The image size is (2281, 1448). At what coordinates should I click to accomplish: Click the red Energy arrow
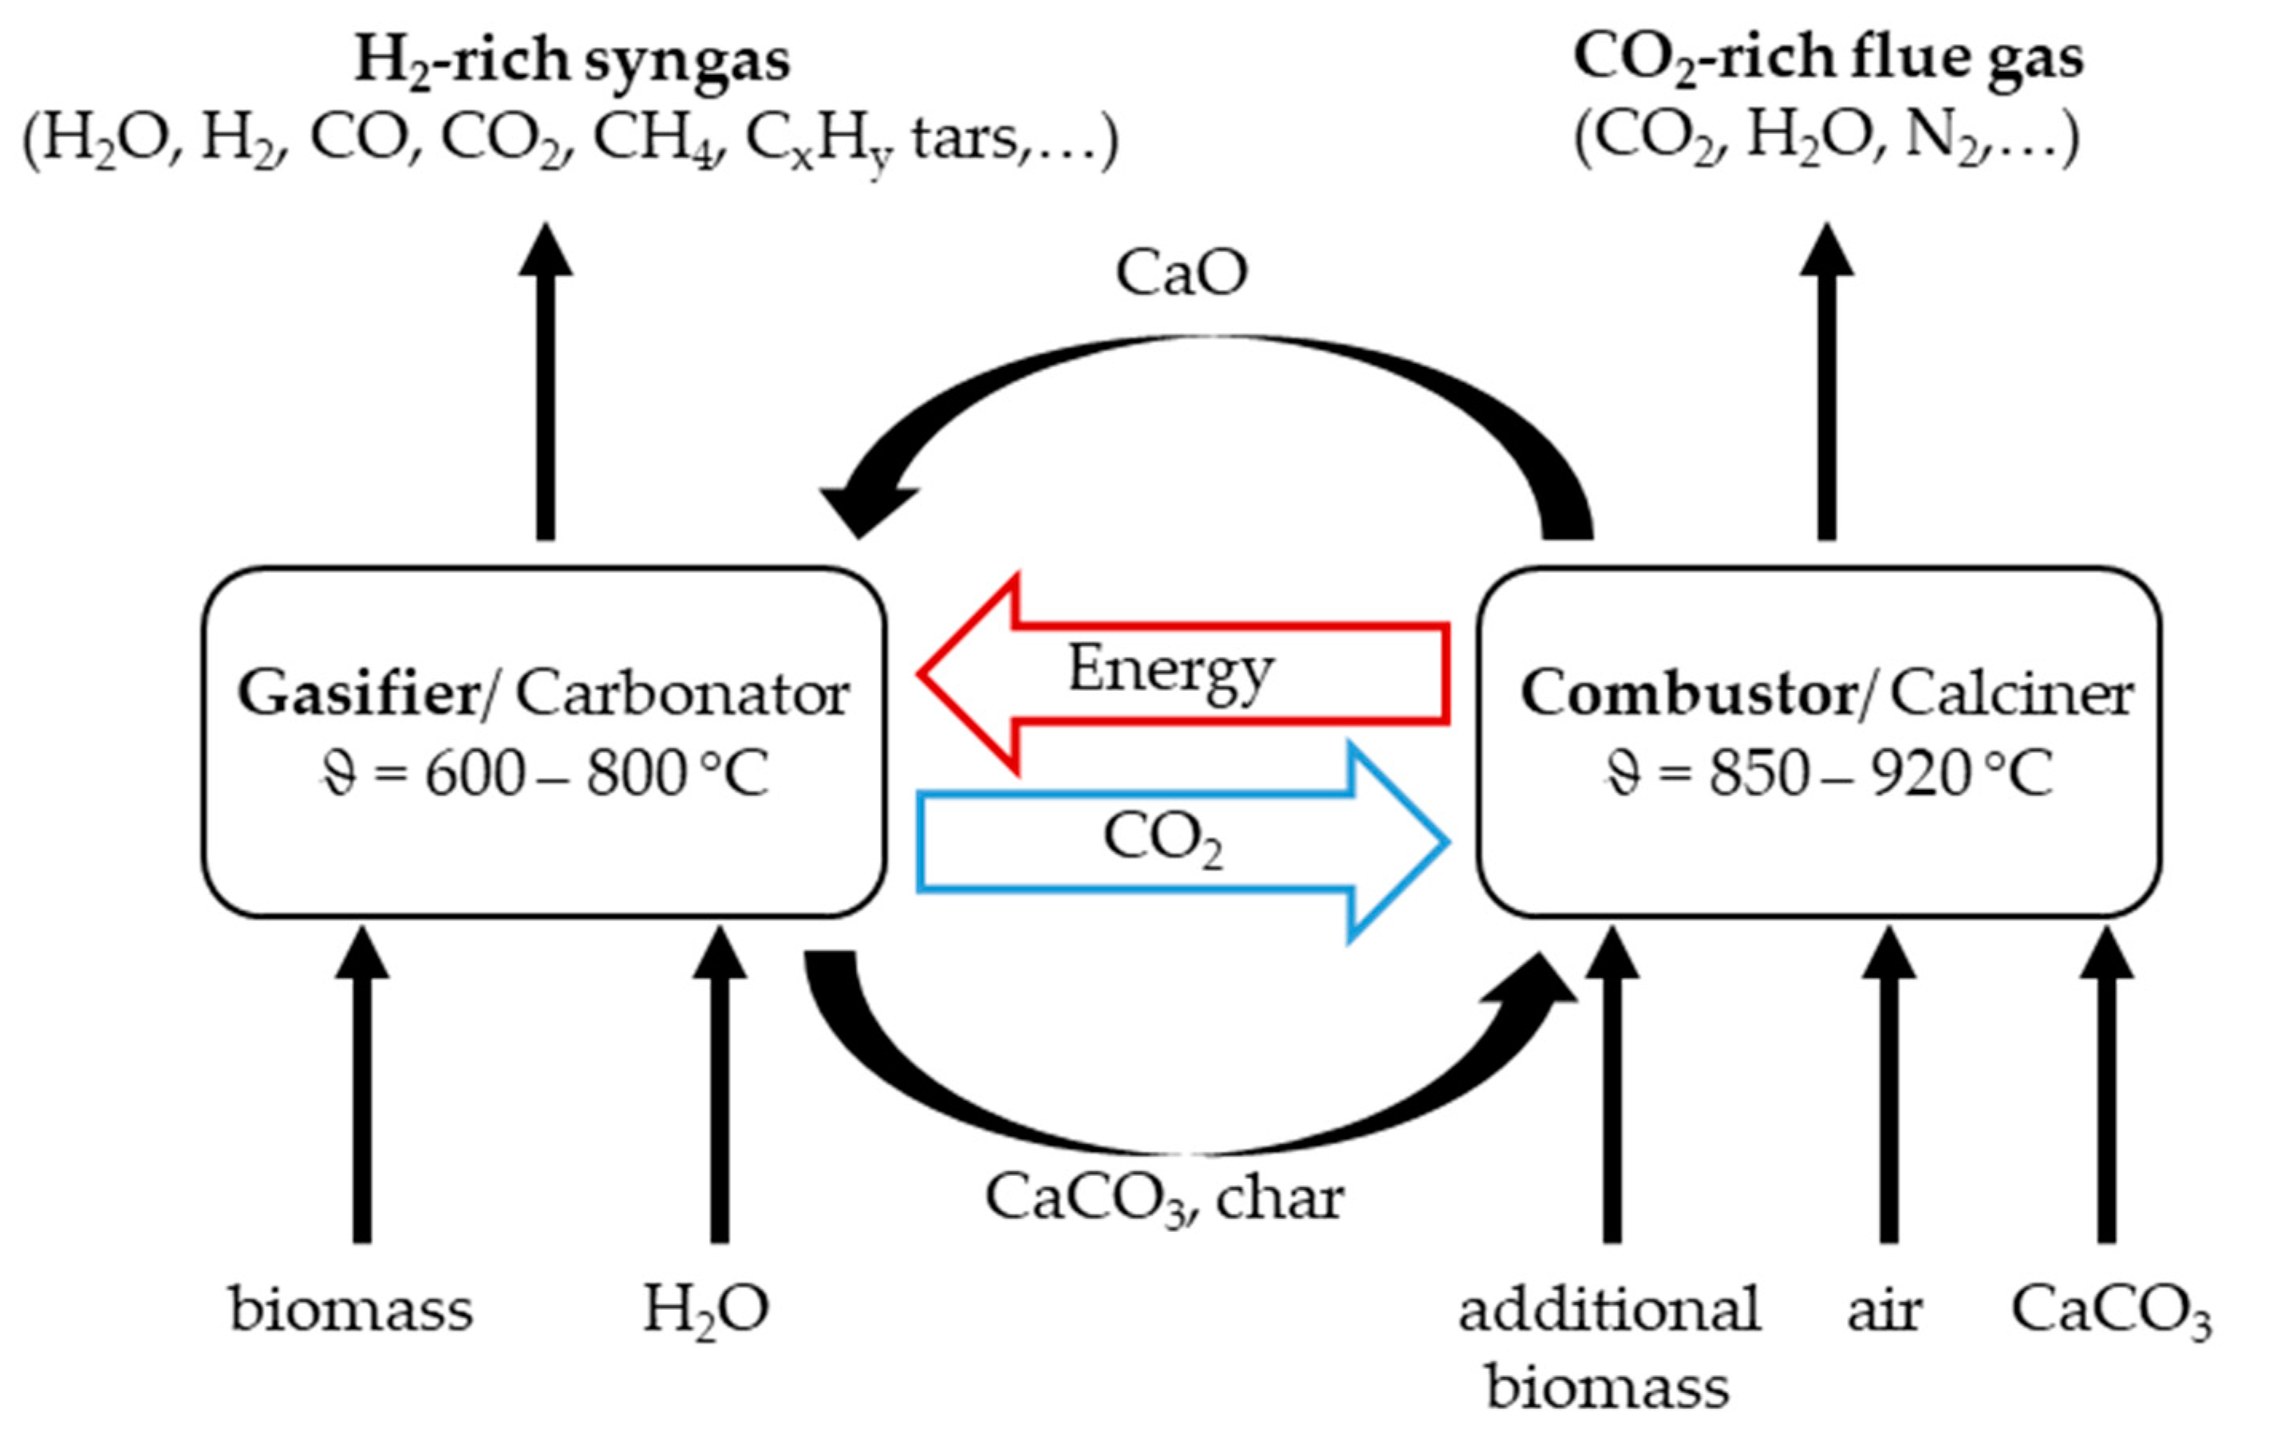1184,673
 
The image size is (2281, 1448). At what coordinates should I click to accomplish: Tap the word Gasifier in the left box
359,694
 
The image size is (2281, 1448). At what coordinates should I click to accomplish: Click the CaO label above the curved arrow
1182,274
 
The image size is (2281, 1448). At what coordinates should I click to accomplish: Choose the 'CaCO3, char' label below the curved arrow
1164,1199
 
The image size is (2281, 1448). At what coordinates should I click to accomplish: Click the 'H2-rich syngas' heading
572,61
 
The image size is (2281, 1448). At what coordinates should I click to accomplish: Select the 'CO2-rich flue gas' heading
1827,59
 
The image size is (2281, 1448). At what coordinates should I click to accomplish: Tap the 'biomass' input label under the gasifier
350,1311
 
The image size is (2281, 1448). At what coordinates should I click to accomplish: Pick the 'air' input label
1884,1311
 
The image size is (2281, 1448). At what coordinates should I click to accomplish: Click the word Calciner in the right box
2012,694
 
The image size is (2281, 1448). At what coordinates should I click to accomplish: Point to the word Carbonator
682,694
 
